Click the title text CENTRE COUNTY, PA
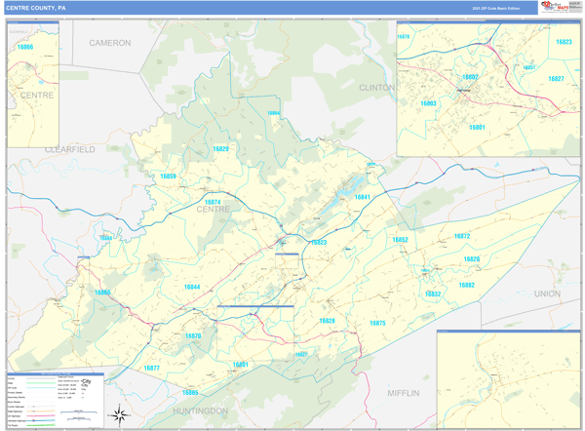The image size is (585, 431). (36, 8)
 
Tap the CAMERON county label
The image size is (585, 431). (109, 44)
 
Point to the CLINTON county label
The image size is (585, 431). (377, 87)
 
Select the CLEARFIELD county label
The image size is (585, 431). (70, 149)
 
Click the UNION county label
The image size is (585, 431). (548, 293)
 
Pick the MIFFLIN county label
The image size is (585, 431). (403, 393)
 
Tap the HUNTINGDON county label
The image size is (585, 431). (204, 411)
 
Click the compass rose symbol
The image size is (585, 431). (118, 415)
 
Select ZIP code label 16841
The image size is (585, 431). (362, 197)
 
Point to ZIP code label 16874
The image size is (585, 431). (213, 202)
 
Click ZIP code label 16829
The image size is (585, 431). (220, 149)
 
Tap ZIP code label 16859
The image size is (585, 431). (168, 176)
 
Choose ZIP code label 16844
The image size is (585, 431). (192, 287)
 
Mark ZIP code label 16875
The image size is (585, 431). (377, 323)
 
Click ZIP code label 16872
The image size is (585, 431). (461, 236)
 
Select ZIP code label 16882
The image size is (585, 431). (466, 285)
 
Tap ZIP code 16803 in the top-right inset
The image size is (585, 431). (429, 102)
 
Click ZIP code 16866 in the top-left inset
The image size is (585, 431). (24, 47)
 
